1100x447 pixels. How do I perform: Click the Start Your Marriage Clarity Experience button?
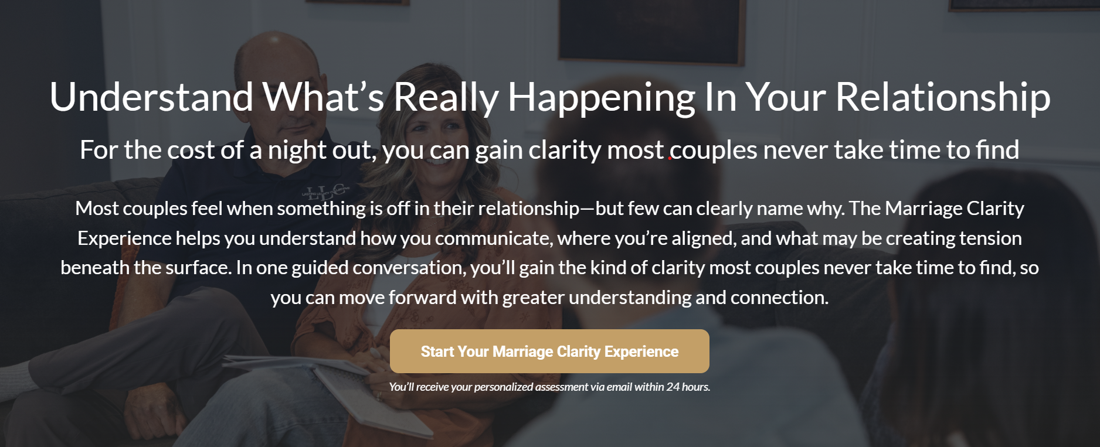[549, 351]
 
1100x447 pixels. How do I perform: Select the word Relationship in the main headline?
[943, 98]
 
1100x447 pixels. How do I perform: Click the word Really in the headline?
[446, 98]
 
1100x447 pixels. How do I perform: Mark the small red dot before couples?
[670, 158]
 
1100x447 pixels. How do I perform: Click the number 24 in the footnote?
[673, 387]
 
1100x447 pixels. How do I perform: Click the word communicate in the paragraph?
[493, 238]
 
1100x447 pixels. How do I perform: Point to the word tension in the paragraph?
[989, 238]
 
